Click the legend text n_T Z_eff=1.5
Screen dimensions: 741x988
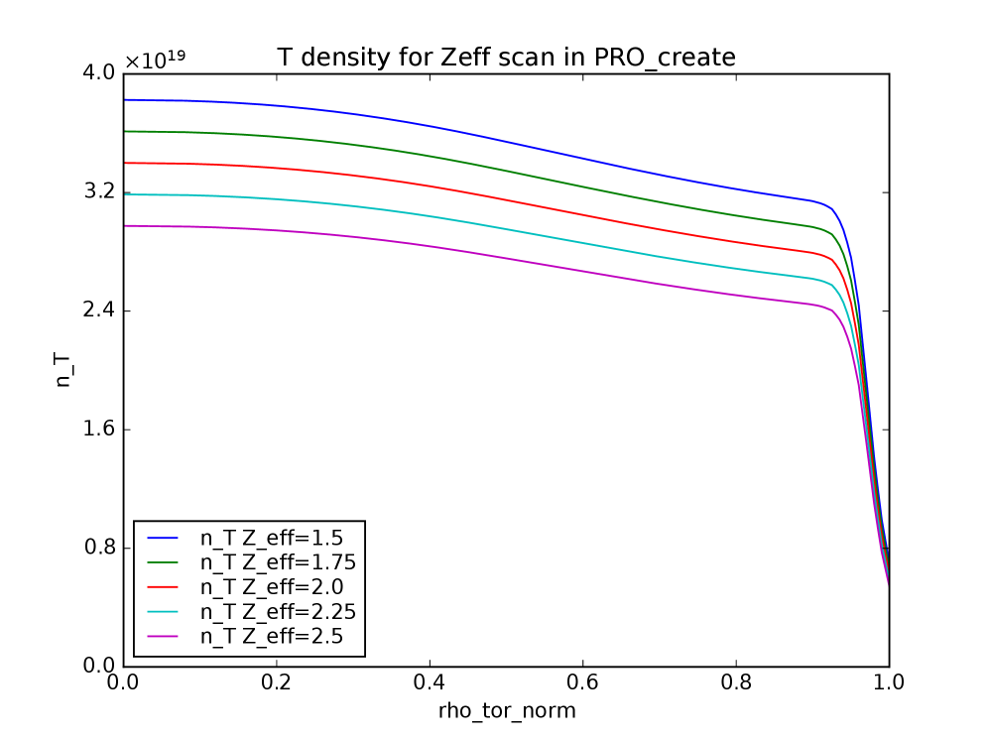272,538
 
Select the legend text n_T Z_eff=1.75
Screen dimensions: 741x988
278,562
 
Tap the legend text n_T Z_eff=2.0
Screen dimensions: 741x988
272,587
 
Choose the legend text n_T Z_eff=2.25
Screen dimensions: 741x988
278,612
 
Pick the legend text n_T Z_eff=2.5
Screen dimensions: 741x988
272,637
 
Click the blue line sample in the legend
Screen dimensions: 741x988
163,538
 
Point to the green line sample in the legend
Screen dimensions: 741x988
163,562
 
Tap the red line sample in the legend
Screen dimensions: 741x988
163,587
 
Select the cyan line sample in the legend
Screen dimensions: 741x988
163,612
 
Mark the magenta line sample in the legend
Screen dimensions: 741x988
163,637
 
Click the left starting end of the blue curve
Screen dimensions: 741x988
125,99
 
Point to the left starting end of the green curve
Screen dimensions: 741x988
125,131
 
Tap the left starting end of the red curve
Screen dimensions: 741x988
125,163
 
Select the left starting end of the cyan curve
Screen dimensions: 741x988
125,194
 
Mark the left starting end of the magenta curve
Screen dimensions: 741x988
125,226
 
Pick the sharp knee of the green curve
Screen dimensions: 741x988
831,233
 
